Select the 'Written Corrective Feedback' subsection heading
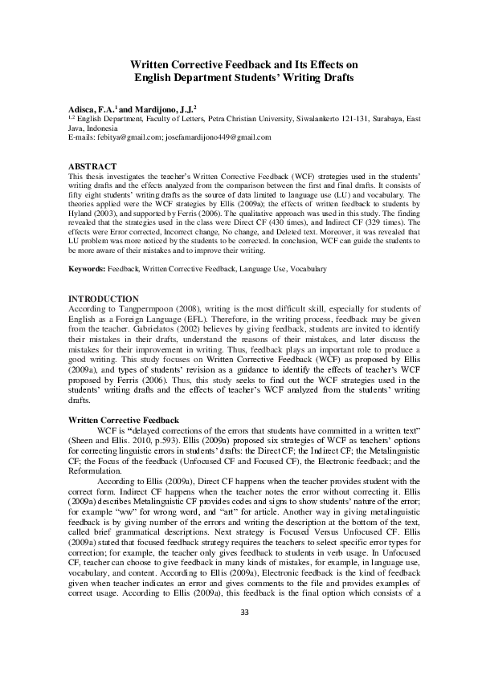click(x=123, y=421)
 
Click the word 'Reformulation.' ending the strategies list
click(x=96, y=470)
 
